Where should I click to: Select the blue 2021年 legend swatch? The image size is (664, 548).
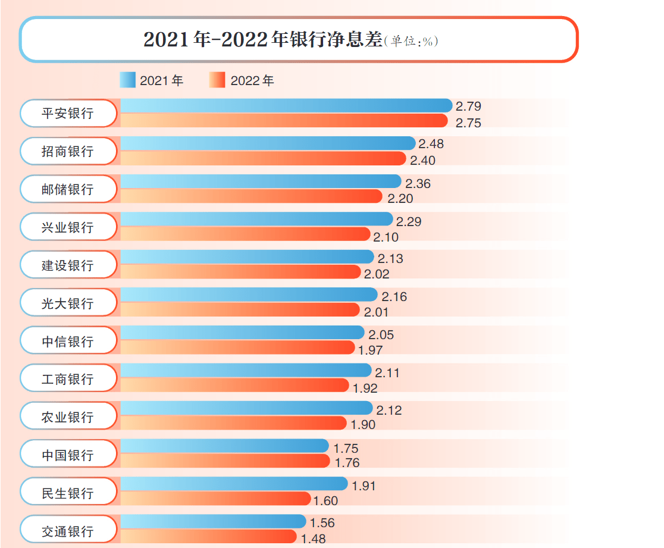click(x=128, y=80)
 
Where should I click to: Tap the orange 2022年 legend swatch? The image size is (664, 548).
click(x=217, y=80)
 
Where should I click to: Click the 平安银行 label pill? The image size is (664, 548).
click(x=68, y=113)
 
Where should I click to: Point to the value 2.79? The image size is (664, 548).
click(x=468, y=107)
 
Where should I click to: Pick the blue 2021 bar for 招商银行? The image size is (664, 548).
click(x=268, y=143)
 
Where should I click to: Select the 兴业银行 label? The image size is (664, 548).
click(x=68, y=227)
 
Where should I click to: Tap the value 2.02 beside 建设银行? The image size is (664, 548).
click(x=377, y=274)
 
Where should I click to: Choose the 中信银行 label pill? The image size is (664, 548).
click(x=68, y=342)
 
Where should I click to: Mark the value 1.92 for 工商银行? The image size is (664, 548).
click(x=365, y=389)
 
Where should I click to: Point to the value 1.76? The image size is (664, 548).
click(x=347, y=462)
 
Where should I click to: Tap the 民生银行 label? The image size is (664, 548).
click(x=68, y=493)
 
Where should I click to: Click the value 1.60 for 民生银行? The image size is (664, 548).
click(x=325, y=501)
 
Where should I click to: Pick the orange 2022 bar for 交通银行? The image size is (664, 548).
click(x=208, y=537)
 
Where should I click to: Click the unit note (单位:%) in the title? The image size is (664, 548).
click(x=411, y=41)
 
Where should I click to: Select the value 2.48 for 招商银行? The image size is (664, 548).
click(x=431, y=144)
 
